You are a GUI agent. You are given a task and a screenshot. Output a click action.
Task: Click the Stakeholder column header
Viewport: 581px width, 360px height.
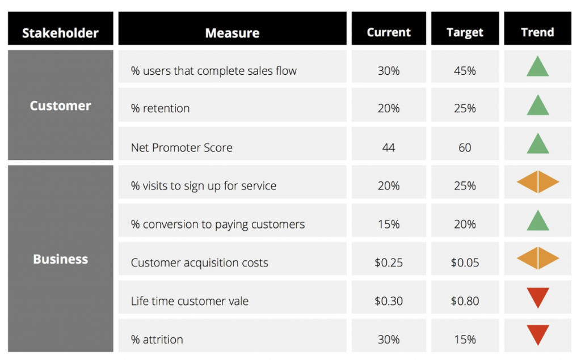(x=60, y=33)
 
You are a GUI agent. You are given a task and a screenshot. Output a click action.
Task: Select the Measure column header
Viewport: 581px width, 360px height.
(x=232, y=33)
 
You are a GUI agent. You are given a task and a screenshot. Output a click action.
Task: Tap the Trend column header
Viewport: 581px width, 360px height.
(x=537, y=32)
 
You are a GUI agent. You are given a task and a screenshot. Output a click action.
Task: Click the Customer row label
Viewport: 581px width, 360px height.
(x=60, y=105)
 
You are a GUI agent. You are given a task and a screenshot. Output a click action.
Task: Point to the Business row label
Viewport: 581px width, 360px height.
(x=60, y=259)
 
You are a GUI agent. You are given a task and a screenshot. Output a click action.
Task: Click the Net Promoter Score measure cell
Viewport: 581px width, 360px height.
(x=182, y=147)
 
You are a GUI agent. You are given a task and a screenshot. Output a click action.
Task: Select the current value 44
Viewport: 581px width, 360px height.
(x=389, y=147)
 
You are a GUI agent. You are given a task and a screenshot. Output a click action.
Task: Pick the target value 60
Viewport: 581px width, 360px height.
(x=465, y=147)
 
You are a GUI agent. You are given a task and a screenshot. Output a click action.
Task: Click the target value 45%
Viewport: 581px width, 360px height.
(x=465, y=71)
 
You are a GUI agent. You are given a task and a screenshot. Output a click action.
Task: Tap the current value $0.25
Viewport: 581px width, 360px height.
(x=389, y=262)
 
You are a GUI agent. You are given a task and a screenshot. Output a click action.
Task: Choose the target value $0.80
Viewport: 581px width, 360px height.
(x=465, y=301)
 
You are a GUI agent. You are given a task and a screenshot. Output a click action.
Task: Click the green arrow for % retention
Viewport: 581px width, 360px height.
(x=537, y=105)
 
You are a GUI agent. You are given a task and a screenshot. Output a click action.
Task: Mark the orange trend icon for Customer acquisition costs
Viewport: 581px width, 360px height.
(x=537, y=259)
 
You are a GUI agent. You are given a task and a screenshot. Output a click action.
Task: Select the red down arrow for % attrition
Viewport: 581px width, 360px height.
(x=537, y=334)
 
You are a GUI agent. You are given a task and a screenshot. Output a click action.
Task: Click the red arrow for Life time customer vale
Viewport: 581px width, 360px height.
(x=537, y=297)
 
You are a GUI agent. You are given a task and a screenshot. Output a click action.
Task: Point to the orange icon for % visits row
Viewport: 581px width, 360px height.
(x=537, y=182)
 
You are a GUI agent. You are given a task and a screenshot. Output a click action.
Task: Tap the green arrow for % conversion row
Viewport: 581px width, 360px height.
(x=537, y=221)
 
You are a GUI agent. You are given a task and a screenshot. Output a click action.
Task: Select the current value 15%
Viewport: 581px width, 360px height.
(x=389, y=224)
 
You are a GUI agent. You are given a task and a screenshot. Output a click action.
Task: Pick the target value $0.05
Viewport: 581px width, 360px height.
(x=465, y=262)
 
